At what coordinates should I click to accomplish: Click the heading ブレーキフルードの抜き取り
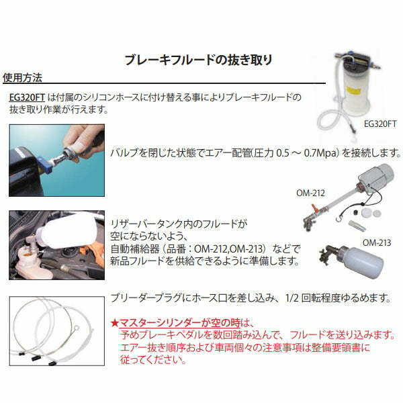point(199,60)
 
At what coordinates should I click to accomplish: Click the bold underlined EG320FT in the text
point(28,97)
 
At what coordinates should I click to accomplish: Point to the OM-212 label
point(310,192)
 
